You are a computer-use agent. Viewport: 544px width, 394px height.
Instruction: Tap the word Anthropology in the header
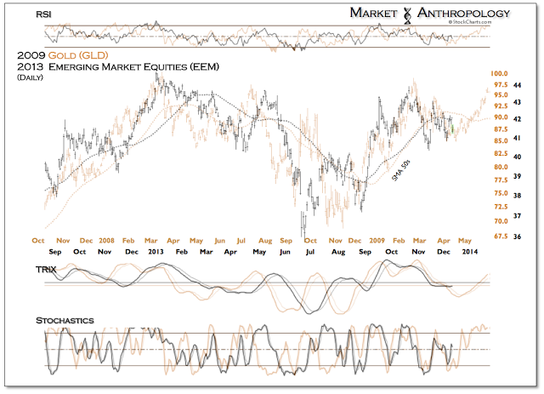click(463, 13)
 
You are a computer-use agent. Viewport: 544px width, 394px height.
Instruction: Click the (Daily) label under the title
click(32, 77)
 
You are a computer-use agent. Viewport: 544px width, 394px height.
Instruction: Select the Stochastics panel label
click(65, 320)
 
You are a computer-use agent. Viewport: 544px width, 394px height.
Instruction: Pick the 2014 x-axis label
click(470, 252)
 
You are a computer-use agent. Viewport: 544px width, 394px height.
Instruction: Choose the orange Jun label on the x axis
click(219, 240)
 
